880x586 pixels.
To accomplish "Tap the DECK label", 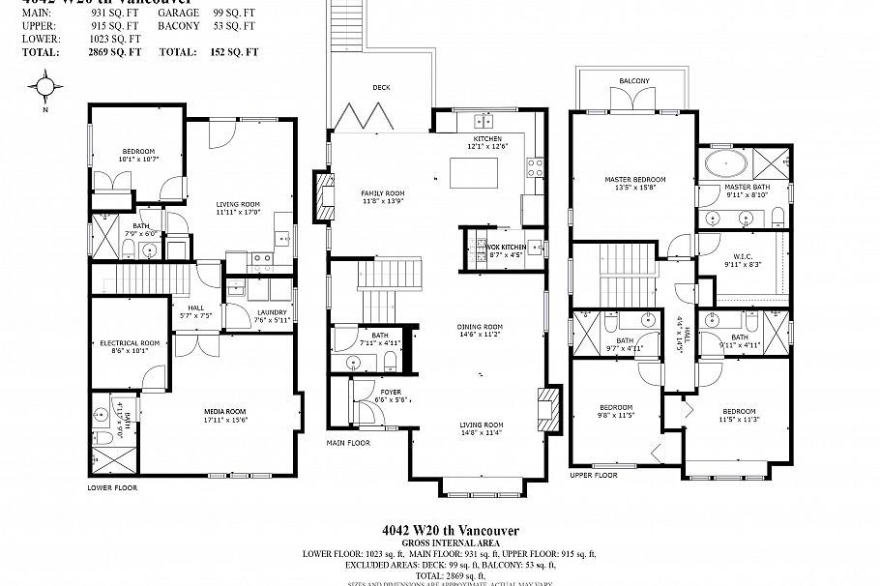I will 381,87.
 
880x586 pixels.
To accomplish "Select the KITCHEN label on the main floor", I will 487,138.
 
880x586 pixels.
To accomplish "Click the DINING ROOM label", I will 480,326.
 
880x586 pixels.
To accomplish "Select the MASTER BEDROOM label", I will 634,179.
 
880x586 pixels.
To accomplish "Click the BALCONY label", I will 634,80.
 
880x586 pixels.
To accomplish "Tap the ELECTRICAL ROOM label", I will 130,343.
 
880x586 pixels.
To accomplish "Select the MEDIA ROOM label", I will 226,410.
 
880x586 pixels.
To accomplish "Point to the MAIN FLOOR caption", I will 347,443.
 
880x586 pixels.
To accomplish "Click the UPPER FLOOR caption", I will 594,476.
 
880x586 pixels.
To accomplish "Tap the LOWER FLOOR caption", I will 112,488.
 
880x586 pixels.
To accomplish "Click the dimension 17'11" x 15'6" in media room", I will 226,419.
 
